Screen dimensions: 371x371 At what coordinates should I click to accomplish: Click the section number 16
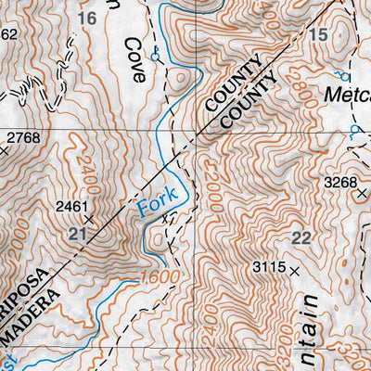pos(88,19)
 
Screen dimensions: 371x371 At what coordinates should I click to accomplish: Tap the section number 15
pos(319,35)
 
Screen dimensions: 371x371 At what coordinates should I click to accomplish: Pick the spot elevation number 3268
pos(339,183)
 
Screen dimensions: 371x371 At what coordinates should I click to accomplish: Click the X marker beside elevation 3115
pos(295,270)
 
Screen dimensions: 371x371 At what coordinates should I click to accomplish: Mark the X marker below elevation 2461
pos(90,220)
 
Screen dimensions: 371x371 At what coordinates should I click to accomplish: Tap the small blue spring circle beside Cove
pos(155,58)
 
